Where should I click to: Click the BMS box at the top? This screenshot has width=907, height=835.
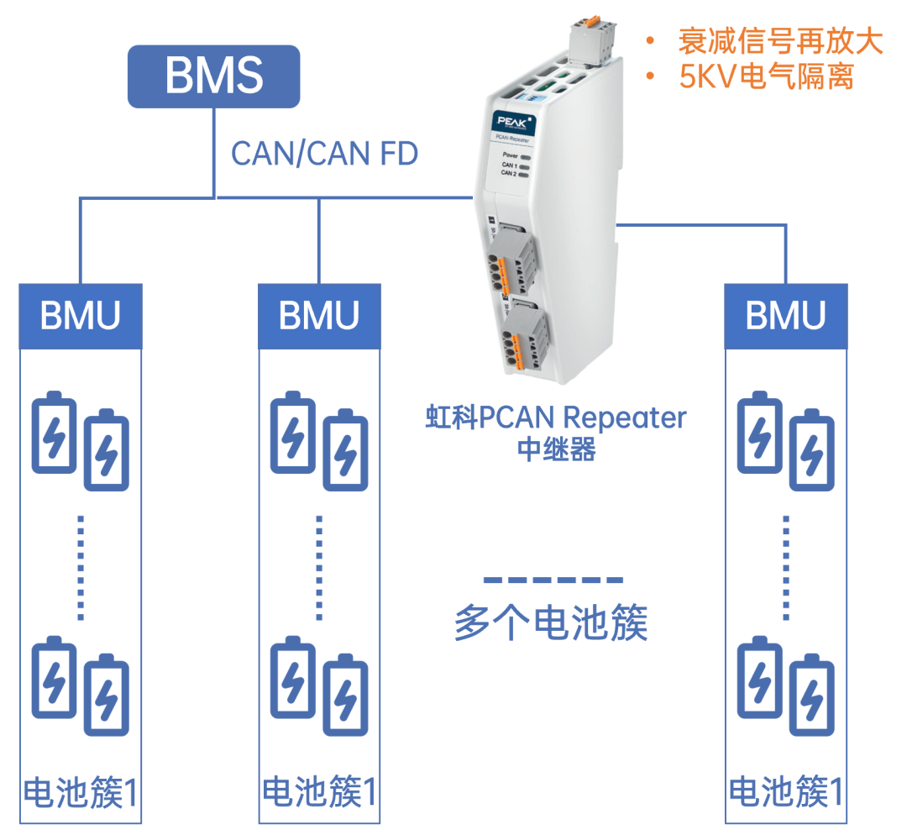tap(213, 76)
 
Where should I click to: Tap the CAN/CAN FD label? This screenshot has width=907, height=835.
tap(324, 154)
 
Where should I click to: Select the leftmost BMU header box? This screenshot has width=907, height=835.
tap(81, 316)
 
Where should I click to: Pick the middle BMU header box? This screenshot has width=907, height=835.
tap(319, 316)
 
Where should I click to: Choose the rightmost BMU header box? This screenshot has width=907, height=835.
tap(786, 316)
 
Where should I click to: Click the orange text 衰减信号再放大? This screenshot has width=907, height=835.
tap(779, 42)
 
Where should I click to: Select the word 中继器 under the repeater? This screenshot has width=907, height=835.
tap(557, 449)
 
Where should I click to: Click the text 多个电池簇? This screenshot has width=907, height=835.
tap(551, 623)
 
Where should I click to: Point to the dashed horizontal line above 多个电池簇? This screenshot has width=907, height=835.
tap(553, 580)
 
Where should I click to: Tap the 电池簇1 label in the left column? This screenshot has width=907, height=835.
tap(81, 793)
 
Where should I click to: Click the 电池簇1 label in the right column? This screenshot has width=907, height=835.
tap(786, 793)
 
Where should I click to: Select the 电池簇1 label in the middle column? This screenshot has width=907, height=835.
tap(319, 793)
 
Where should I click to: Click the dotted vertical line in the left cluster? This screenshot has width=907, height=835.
tap(81, 567)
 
